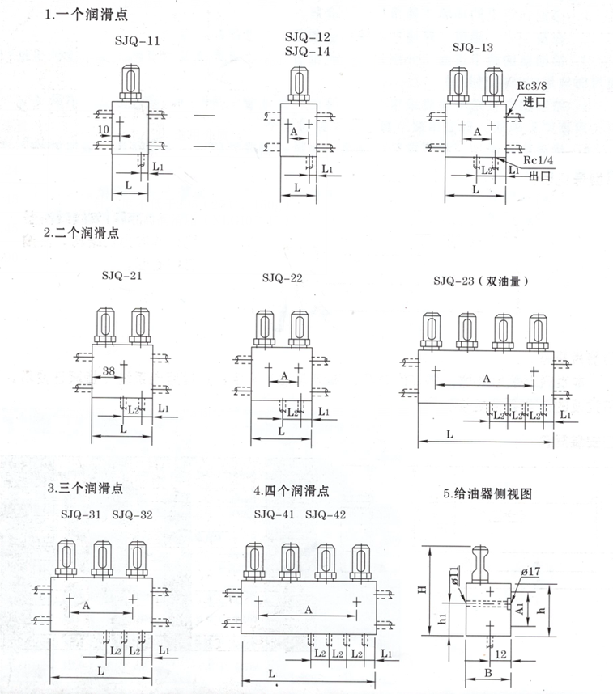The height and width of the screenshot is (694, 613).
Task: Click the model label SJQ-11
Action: pos(138,40)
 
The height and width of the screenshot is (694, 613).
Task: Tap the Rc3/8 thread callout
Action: pos(539,87)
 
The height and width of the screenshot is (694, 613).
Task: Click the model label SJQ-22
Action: pos(282,279)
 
